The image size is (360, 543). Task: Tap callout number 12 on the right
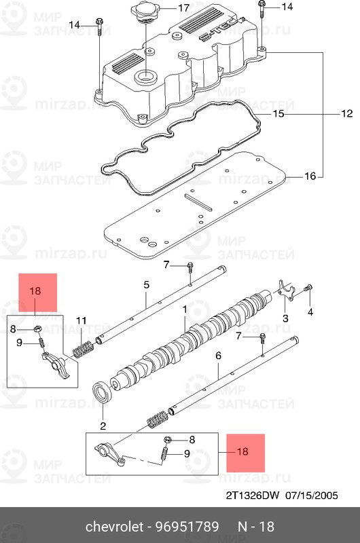pyautogui.click(x=347, y=113)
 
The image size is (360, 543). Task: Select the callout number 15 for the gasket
pyautogui.click(x=278, y=113)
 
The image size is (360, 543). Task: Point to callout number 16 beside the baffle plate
pyautogui.click(x=310, y=176)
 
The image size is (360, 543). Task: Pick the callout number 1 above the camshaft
pyautogui.click(x=185, y=309)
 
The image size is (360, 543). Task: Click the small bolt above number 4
pyautogui.click(x=308, y=288)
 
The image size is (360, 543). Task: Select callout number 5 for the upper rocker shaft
pyautogui.click(x=147, y=285)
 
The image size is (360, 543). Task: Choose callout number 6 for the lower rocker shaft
pyautogui.click(x=218, y=356)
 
